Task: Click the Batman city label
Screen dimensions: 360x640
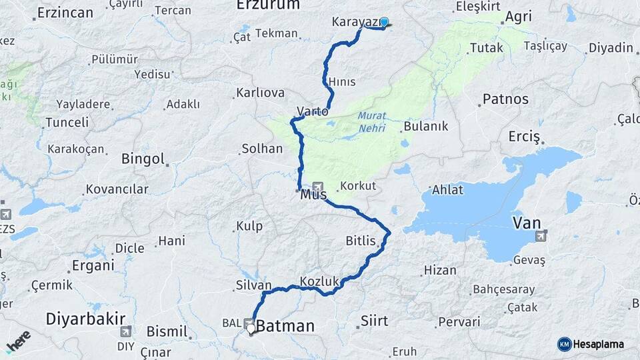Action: tap(285, 326)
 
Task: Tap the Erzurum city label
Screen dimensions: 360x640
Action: tap(268, 5)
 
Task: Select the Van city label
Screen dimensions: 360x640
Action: tap(526, 223)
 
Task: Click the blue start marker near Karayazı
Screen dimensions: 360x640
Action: tap(384, 21)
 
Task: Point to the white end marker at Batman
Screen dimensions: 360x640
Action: tap(251, 328)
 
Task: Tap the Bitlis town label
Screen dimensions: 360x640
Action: tap(361, 241)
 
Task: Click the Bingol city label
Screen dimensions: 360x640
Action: tap(143, 159)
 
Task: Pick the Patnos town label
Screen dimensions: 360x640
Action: tap(505, 99)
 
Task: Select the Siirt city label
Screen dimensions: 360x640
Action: tap(374, 321)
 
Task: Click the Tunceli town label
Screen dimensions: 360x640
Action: tap(66, 122)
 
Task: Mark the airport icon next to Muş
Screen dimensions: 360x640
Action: tap(318, 187)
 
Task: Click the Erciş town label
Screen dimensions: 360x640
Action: tap(524, 137)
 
